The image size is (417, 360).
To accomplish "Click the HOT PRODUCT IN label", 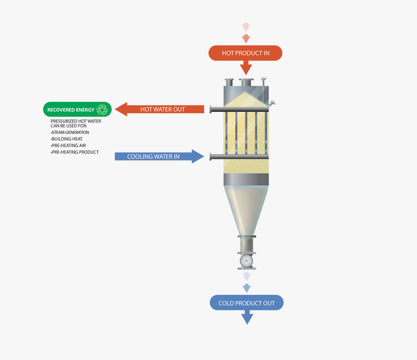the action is (x=246, y=53).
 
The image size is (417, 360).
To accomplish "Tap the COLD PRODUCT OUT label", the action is (x=246, y=303).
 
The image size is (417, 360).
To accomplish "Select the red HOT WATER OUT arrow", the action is (x=160, y=109).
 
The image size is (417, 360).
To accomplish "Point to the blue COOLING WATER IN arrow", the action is (x=159, y=156).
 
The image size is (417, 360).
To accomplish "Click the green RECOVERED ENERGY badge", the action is (x=77, y=109).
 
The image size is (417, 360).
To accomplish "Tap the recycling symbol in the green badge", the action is (x=102, y=110).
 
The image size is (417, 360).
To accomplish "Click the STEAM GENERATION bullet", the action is (x=70, y=132).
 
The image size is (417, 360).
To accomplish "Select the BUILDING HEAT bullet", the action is (x=66, y=139).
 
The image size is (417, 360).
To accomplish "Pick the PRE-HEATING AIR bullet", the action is (x=68, y=146).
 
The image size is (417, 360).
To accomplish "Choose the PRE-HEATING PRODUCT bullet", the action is (x=75, y=152).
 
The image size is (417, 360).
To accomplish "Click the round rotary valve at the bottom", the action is (x=246, y=261).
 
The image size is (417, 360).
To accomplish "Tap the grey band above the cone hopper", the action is (x=246, y=179).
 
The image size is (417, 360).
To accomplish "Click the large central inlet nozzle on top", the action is (x=246, y=82).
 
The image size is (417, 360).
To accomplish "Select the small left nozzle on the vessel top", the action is (x=229, y=82).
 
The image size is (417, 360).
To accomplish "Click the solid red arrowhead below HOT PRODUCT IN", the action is (x=246, y=68).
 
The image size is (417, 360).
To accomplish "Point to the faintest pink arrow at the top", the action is (x=246, y=27).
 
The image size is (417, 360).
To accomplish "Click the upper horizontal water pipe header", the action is (x=239, y=109).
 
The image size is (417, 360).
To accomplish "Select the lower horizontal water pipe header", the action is (x=239, y=157).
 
